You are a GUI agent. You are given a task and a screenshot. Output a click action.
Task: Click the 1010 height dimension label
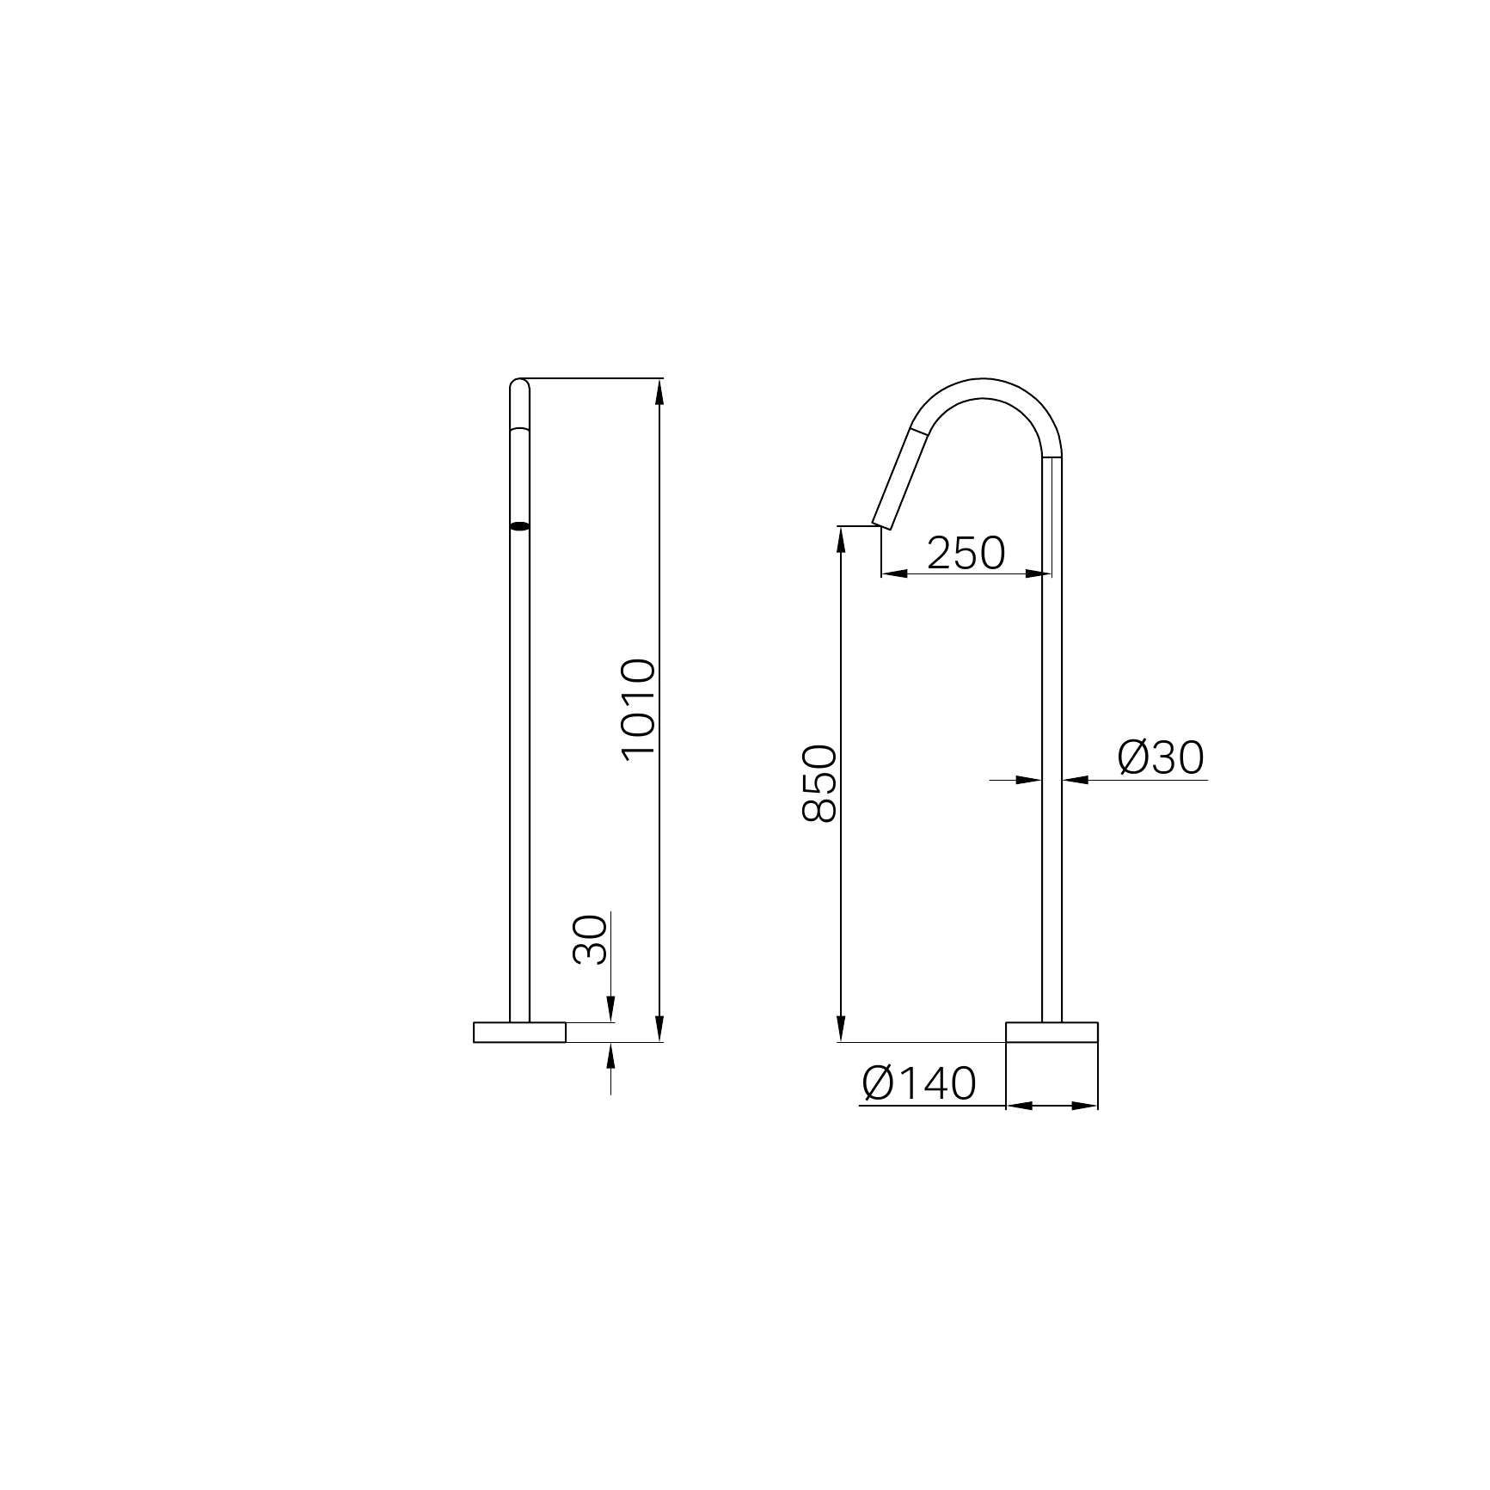638,708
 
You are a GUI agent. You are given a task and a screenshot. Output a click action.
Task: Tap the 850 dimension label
819,783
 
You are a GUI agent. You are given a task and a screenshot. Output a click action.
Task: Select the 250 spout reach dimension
966,553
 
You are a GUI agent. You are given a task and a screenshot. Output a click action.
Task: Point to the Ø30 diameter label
1161,757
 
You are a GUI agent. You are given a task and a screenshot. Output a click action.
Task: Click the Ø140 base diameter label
919,1083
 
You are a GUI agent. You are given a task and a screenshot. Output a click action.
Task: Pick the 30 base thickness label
590,940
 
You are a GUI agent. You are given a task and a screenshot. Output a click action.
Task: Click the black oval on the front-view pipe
519,525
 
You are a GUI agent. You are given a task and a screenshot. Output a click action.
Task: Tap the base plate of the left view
519,1032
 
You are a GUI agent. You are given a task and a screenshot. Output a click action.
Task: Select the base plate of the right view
1052,1032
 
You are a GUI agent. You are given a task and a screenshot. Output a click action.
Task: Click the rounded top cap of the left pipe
519,384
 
